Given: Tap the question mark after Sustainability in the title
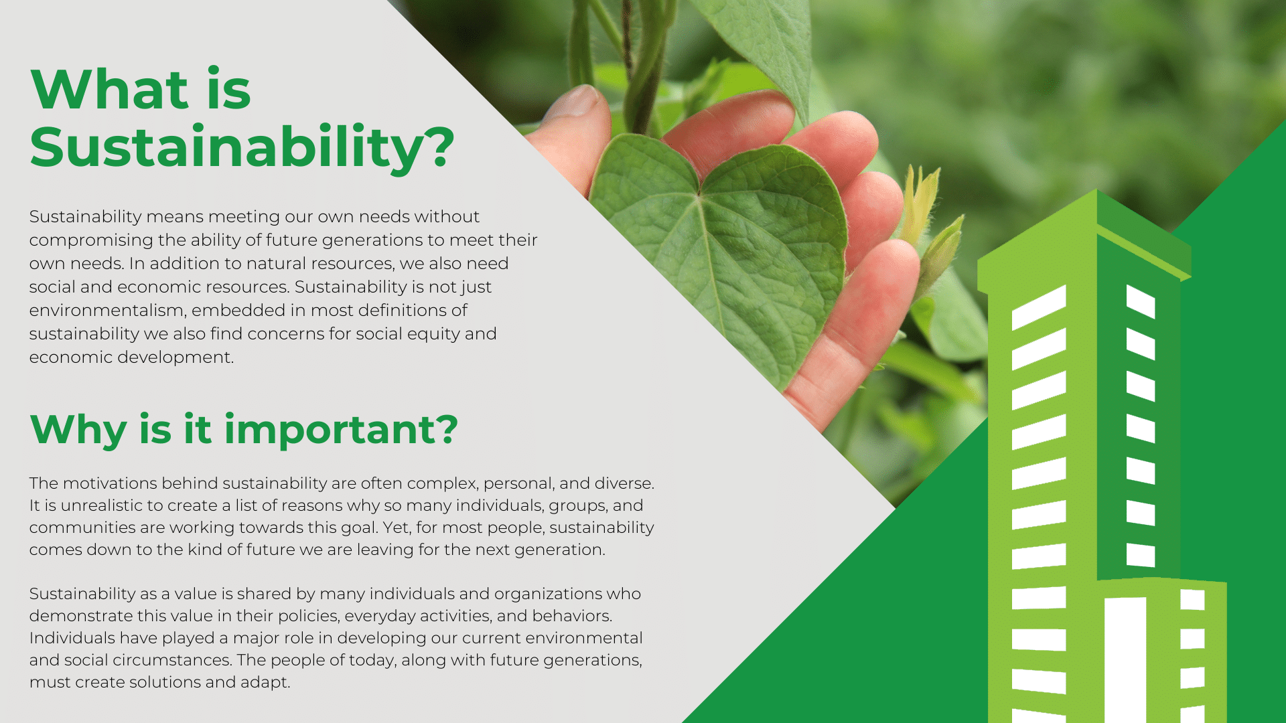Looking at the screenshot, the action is [439, 147].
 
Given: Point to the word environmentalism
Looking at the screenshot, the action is [107, 311].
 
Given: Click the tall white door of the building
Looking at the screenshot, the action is [1125, 659].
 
